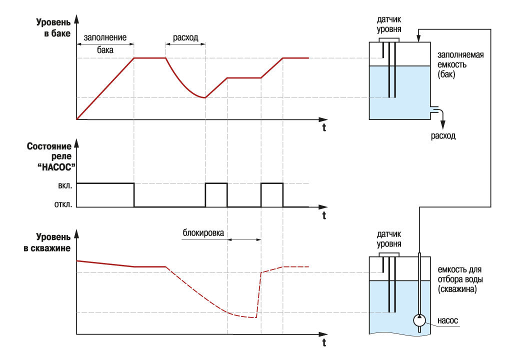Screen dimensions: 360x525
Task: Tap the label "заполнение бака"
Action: pyautogui.click(x=105, y=43)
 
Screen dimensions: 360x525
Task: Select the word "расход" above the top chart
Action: pyautogui.click(x=185, y=37)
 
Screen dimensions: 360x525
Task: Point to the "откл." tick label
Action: pyautogui.click(x=62, y=204)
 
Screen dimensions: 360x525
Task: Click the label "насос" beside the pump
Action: pyautogui.click(x=447, y=320)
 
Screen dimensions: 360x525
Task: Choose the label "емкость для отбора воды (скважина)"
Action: pyautogui.click(x=460, y=278)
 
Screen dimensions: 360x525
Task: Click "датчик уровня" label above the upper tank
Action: pyautogui.click(x=389, y=25)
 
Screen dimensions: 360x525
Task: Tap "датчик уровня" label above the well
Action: pyautogui.click(x=389, y=238)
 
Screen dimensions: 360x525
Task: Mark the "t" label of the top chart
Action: pyautogui.click(x=324, y=128)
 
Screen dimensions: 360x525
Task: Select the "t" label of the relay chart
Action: pyautogui.click(x=324, y=215)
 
